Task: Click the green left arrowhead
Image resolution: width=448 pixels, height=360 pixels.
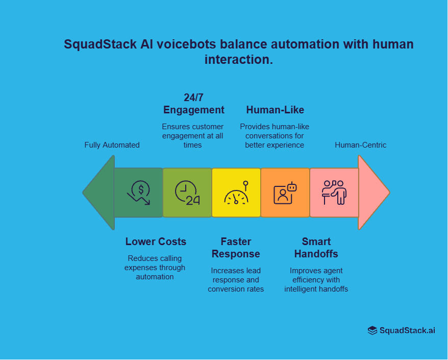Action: (x=100, y=193)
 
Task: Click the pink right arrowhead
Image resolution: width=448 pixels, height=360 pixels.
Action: (x=372, y=193)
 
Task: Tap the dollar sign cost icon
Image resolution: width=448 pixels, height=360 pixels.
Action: (x=139, y=193)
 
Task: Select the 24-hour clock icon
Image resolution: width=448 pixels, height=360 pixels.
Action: (x=187, y=193)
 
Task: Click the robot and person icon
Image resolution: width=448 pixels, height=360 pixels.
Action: (x=285, y=193)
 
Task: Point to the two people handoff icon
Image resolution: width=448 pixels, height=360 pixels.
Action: (x=334, y=193)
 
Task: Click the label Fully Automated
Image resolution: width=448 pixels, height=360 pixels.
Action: (x=112, y=145)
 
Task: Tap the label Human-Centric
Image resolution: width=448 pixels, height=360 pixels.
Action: (x=360, y=145)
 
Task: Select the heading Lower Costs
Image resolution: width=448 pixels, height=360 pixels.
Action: (x=156, y=242)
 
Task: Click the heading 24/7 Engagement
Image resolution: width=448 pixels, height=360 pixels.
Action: (x=193, y=104)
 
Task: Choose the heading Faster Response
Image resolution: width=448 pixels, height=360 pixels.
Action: (x=236, y=248)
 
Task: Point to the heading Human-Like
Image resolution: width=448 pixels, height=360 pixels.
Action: (x=275, y=110)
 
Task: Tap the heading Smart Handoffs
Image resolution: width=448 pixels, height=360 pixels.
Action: (x=316, y=248)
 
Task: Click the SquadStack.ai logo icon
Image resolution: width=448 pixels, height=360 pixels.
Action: (x=372, y=330)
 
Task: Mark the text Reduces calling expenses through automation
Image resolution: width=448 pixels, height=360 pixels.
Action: (x=155, y=268)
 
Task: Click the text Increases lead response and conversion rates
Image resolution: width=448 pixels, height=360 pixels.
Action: (x=236, y=280)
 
